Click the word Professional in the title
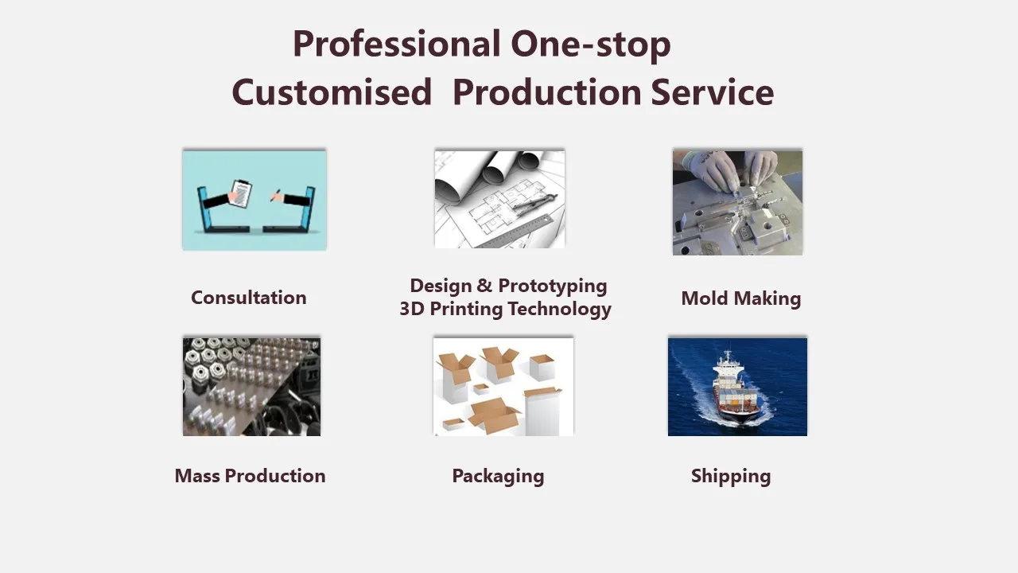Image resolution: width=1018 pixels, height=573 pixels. (396, 45)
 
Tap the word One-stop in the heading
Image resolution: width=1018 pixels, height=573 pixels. (591, 45)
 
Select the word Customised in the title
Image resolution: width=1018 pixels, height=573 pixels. (331, 92)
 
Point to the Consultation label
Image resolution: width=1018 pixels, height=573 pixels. (248, 298)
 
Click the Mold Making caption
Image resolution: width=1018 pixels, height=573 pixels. (740, 298)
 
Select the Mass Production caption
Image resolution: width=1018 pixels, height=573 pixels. (250, 476)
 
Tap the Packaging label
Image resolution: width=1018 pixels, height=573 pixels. (498, 476)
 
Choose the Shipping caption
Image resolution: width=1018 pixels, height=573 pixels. (730, 476)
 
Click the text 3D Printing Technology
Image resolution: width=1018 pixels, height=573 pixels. (505, 309)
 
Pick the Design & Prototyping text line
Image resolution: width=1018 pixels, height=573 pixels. (508, 286)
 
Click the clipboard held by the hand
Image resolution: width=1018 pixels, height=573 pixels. (240, 192)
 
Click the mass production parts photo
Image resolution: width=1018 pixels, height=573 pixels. (251, 387)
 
